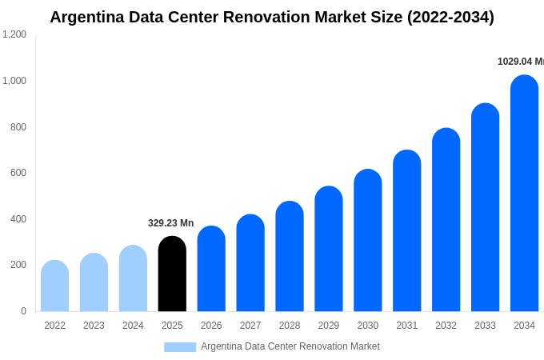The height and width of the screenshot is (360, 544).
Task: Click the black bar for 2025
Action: coord(172,274)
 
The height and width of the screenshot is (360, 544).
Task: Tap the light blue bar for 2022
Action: coord(54,286)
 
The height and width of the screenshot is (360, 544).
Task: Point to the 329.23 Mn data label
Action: coord(170,223)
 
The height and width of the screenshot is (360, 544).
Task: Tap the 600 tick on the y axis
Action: coord(18,173)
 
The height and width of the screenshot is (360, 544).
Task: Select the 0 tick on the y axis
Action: coord(23,311)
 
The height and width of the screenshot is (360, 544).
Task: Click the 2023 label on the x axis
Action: coord(94,326)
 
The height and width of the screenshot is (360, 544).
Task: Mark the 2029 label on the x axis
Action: coord(329,326)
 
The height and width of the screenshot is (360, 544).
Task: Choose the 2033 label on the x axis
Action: coord(485,326)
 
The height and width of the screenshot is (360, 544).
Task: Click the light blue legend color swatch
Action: coord(180,346)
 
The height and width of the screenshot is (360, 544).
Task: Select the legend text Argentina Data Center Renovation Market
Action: coord(290,346)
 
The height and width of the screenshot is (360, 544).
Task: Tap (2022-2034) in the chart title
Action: coord(450,17)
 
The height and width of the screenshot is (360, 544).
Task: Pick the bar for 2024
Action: coord(133,278)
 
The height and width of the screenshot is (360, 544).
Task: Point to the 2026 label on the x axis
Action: coord(211,326)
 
